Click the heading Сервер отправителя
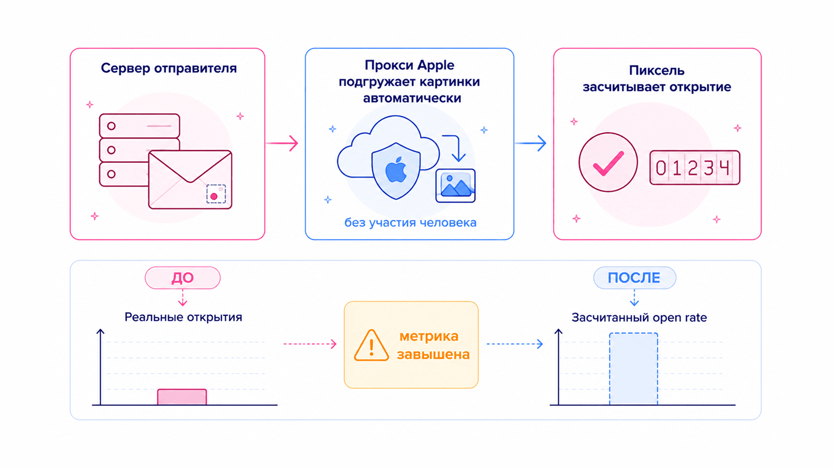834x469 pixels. click(169, 68)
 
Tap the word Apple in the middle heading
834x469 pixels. click(435, 66)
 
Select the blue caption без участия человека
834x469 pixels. click(410, 223)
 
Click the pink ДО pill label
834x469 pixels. click(182, 278)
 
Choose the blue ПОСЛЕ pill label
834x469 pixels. click(634, 278)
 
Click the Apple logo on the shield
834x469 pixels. click(396, 170)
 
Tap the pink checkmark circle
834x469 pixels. click(608, 162)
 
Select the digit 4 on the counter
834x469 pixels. click(724, 168)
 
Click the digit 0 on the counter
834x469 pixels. click(661, 168)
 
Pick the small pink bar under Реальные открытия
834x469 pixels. click(182, 397)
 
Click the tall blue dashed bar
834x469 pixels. click(633, 369)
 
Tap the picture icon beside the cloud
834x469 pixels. click(456, 186)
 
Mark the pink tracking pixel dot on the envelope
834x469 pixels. click(214, 196)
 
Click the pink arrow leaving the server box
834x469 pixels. click(282, 143)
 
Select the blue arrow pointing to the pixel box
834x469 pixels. click(531, 143)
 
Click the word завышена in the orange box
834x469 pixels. click(433, 354)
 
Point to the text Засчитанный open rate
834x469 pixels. click(639, 317)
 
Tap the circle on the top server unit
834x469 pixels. click(112, 126)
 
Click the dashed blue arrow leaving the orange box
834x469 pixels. click(515, 344)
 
